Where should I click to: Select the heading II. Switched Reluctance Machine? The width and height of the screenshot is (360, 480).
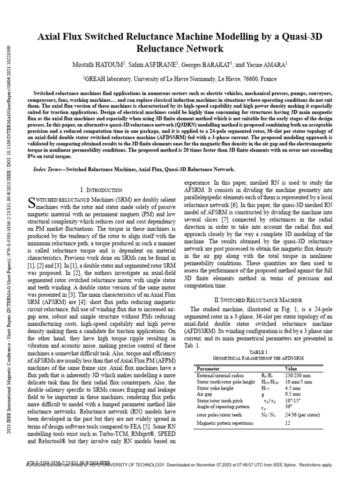point(258,300)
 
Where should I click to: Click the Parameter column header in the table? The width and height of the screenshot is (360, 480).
point(209,368)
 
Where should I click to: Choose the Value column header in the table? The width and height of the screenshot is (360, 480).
point(291,368)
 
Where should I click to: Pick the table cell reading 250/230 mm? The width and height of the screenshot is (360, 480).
point(299,375)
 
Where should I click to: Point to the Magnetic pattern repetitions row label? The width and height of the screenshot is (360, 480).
point(225,423)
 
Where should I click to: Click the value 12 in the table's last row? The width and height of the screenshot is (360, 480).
point(288,423)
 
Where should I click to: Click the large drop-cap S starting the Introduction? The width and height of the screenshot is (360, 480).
point(32,202)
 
